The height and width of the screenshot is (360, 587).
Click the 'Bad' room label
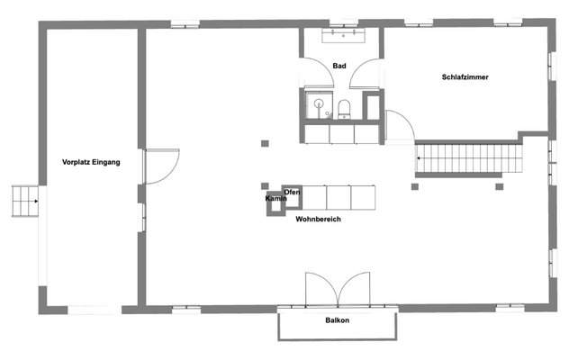pyautogui.click(x=339, y=66)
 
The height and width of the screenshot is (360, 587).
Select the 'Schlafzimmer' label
pyautogui.click(x=465, y=77)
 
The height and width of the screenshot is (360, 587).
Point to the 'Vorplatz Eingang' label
pyautogui.click(x=91, y=162)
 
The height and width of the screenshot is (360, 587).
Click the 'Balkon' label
pyautogui.click(x=337, y=321)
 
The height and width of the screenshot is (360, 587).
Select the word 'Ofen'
pyautogui.click(x=292, y=193)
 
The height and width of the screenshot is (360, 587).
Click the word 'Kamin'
pyautogui.click(x=275, y=198)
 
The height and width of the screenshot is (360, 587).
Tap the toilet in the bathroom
pyautogui.click(x=345, y=110)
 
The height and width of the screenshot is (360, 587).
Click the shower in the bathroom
pyautogui.click(x=317, y=105)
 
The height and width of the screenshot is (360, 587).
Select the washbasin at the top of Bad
pyautogui.click(x=341, y=36)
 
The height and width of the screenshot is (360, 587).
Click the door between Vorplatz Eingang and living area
pyautogui.click(x=156, y=166)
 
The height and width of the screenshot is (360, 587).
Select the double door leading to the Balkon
pyautogui.click(x=337, y=288)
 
